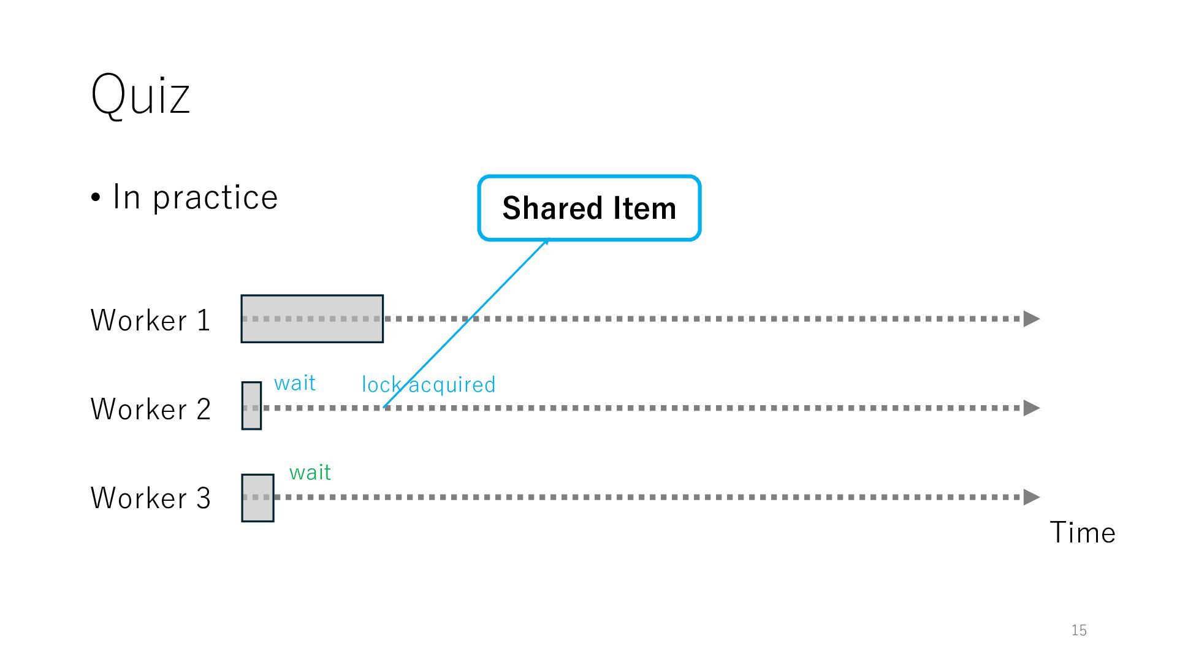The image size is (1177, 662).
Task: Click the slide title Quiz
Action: pos(140,94)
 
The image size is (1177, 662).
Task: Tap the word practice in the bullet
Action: pos(215,197)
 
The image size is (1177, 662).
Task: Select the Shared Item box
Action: pos(589,208)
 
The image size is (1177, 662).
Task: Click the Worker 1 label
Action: pos(150,320)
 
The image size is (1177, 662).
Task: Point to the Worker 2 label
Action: pos(150,409)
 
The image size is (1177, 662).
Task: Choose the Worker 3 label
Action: pos(150,498)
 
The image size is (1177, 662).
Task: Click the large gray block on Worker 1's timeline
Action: pos(312,319)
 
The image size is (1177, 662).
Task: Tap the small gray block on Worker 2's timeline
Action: pos(251,406)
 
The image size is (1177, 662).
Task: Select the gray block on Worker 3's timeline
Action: pos(257,498)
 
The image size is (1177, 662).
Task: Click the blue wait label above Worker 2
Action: pos(295,383)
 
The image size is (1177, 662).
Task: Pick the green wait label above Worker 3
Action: pos(310,473)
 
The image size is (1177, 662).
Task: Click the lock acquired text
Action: pos(429,385)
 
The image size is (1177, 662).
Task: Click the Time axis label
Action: pos(1083,532)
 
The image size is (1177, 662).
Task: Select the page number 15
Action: pos(1079,630)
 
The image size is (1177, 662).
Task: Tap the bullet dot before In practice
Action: pos(96,198)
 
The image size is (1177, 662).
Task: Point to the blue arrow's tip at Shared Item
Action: pos(547,240)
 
